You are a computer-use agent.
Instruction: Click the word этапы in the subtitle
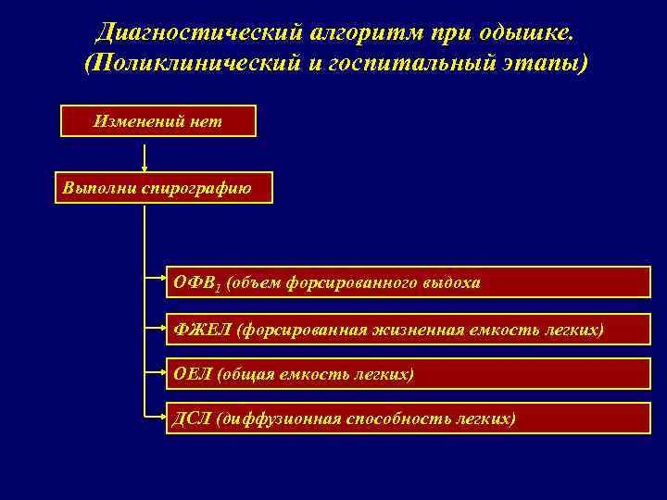[x=544, y=65]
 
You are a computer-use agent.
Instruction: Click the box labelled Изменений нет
[x=157, y=121]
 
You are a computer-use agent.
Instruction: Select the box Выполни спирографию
[x=163, y=187]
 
